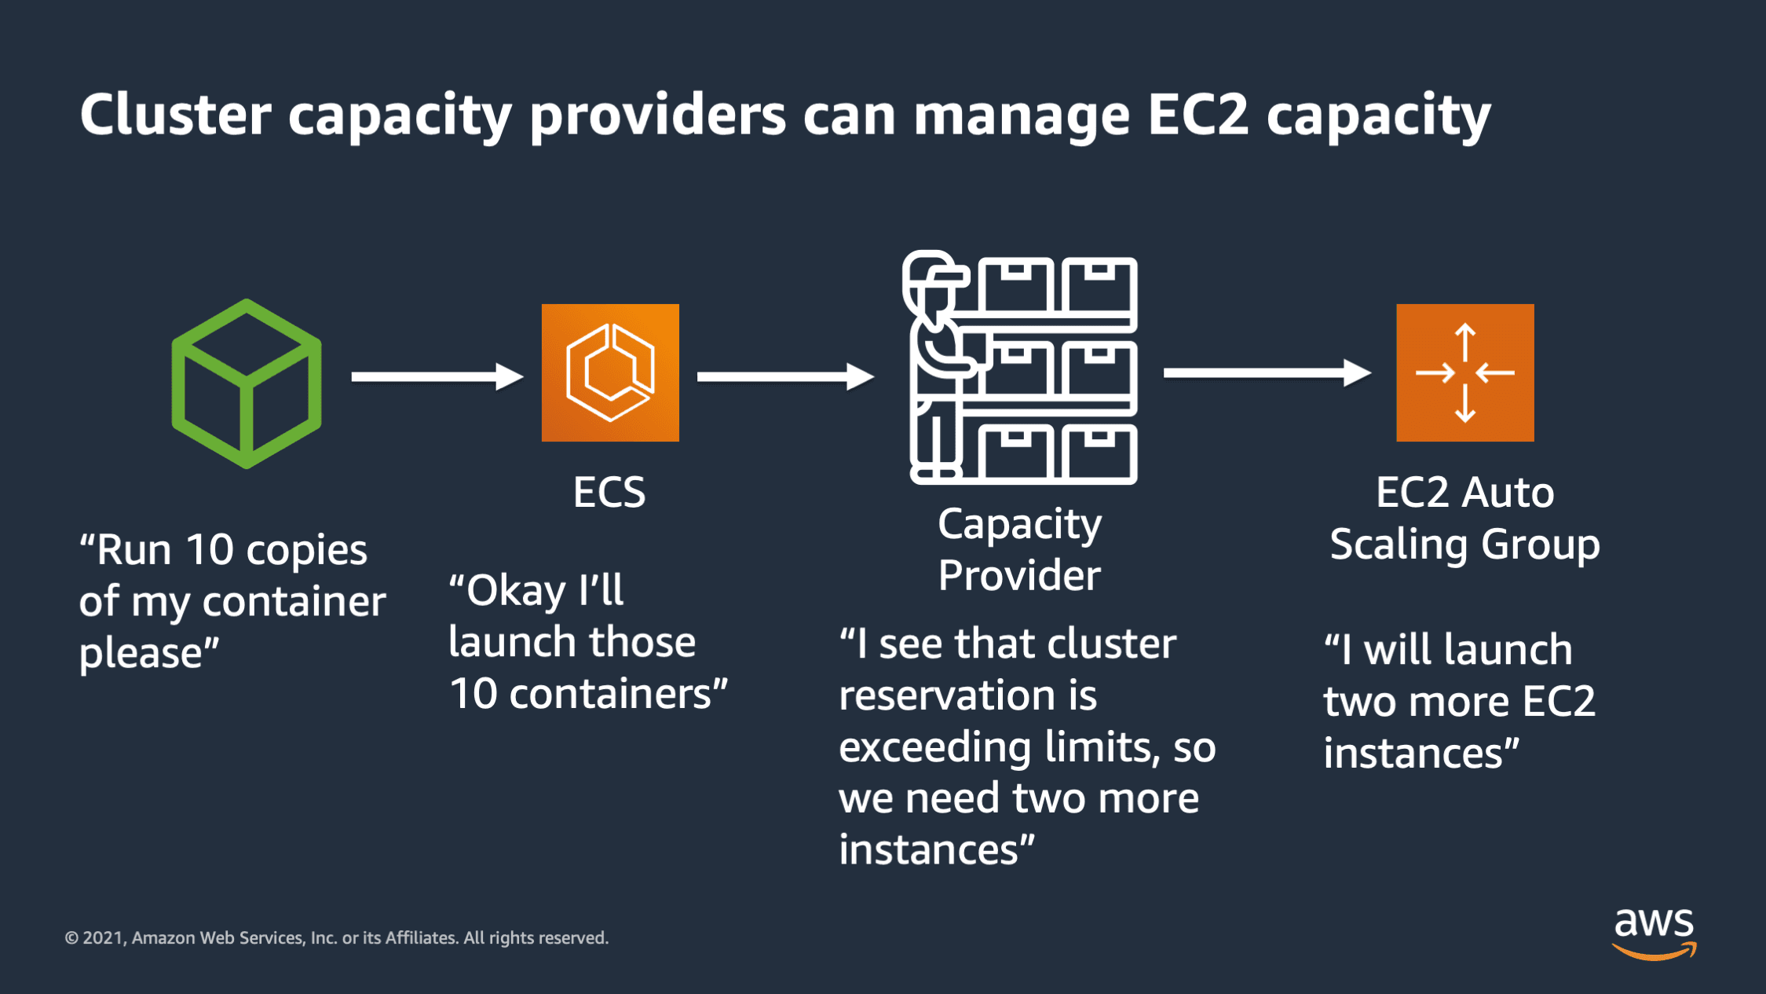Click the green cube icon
(247, 383)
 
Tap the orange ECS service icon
(610, 372)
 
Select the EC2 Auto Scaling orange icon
(1464, 372)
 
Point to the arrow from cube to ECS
(437, 376)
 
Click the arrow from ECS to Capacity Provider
(785, 376)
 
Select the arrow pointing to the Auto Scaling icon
(1267, 372)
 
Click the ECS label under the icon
(609, 493)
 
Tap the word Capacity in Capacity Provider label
(1019, 525)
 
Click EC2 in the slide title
(1197, 116)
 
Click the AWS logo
(1654, 933)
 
